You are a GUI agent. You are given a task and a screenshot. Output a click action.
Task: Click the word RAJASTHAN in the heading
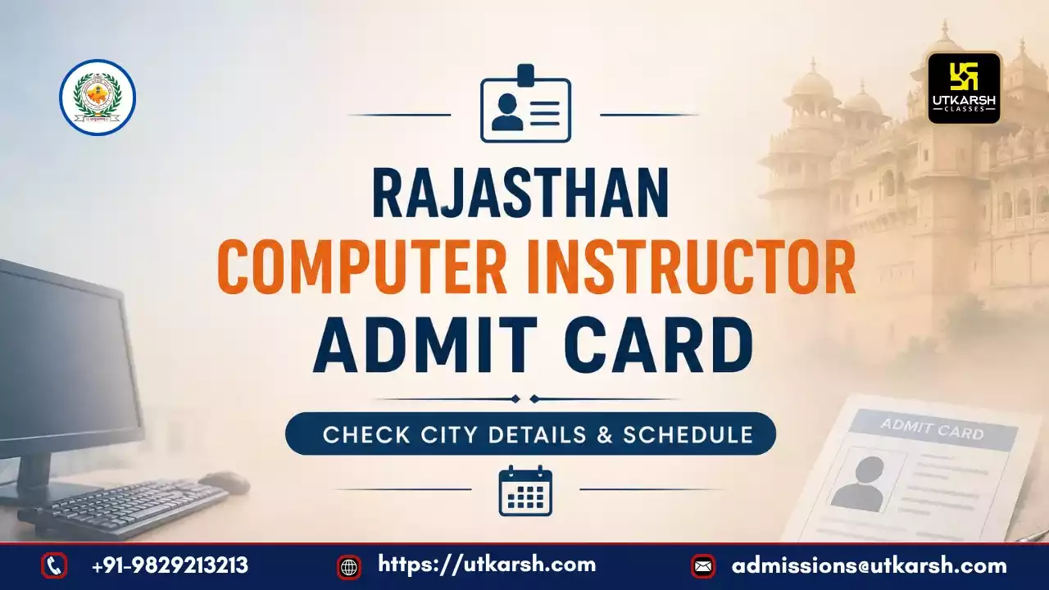pos(520,193)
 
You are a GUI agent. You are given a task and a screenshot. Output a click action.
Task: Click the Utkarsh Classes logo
pos(964,88)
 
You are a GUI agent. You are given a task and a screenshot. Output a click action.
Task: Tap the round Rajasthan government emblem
pos(98,98)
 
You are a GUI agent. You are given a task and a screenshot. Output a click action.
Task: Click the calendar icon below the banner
pos(525,491)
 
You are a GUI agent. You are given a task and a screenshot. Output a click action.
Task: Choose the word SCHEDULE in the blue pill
pos(688,434)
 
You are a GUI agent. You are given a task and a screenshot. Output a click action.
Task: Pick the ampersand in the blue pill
pos(605,434)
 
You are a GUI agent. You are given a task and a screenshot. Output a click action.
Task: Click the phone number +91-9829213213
pos(170,565)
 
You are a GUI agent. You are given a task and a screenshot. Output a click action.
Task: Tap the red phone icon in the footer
pos(54,565)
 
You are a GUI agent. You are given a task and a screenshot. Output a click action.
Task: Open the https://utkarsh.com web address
pos(487,565)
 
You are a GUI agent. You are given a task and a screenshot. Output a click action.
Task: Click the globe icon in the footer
pos(349,567)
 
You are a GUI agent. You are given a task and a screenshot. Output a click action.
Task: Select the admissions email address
pos(870,566)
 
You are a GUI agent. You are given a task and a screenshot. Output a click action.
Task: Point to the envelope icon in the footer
pos(703,566)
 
